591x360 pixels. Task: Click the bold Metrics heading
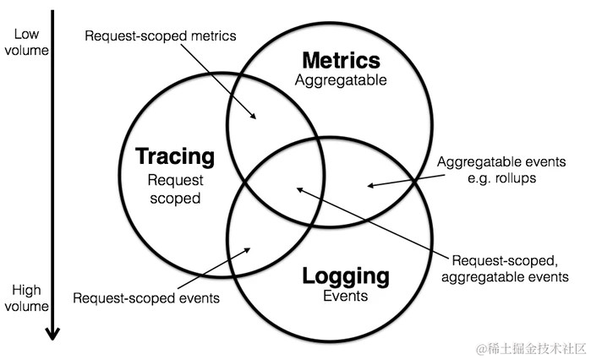coord(341,61)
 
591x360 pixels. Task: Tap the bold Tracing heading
coord(175,157)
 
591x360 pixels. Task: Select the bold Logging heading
coord(346,276)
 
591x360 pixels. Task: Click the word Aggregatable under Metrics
coord(340,81)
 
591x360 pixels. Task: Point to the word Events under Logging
coord(345,297)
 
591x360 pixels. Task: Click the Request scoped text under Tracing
coord(174,188)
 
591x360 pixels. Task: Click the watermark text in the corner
coord(528,347)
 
